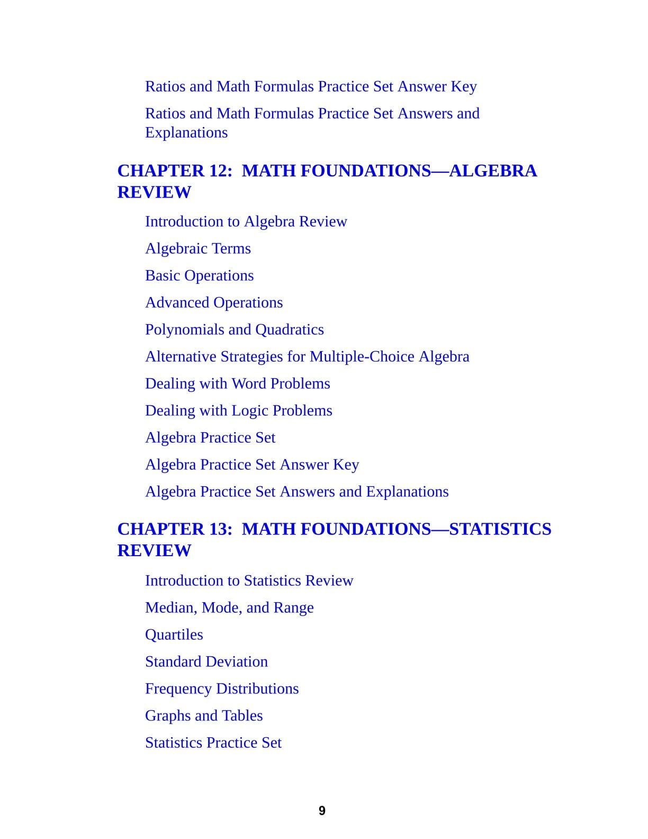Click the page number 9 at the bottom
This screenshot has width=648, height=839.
[x=322, y=810]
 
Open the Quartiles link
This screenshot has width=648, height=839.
[x=174, y=635]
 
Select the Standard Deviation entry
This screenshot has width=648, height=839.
[x=206, y=662]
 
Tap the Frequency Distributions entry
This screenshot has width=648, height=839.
[x=221, y=689]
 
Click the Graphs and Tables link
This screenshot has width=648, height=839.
[x=204, y=716]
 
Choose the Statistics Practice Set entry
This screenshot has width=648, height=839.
[x=213, y=743]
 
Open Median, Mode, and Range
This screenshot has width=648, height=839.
[x=229, y=608]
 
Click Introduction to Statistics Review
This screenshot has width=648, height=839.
[x=249, y=581]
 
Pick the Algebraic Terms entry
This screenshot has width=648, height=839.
[x=197, y=248]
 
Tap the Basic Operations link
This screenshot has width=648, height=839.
[x=199, y=275]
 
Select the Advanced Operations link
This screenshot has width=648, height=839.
[x=213, y=302]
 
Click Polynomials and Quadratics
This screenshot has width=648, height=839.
[x=234, y=329]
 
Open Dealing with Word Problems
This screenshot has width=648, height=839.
[x=237, y=383]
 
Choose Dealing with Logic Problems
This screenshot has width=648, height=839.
[x=238, y=410]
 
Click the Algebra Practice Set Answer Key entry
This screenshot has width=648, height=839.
[x=252, y=465]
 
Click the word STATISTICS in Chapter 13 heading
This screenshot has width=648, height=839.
[x=500, y=529]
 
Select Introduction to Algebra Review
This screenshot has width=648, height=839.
[x=246, y=221]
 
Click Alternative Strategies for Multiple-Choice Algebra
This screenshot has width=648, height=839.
[x=307, y=356]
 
